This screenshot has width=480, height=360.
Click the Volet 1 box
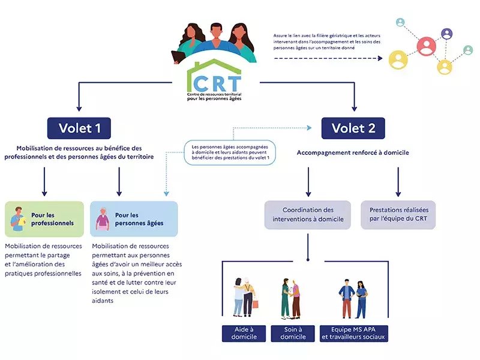click(x=79, y=128)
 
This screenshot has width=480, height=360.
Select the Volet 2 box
click(x=353, y=128)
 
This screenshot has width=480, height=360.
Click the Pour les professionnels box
click(x=44, y=218)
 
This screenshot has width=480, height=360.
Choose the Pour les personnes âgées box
click(x=133, y=218)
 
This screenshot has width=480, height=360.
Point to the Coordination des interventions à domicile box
click(x=308, y=215)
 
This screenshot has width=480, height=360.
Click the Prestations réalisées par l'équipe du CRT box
click(x=398, y=215)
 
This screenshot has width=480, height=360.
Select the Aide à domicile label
click(x=244, y=333)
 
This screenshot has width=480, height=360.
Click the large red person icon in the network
click(x=426, y=44)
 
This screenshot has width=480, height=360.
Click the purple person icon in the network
click(x=446, y=34)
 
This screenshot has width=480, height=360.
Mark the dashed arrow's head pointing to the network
click(x=380, y=58)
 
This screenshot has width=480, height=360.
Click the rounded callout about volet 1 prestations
click(x=230, y=153)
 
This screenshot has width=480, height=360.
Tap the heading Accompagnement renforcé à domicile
click(x=353, y=152)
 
